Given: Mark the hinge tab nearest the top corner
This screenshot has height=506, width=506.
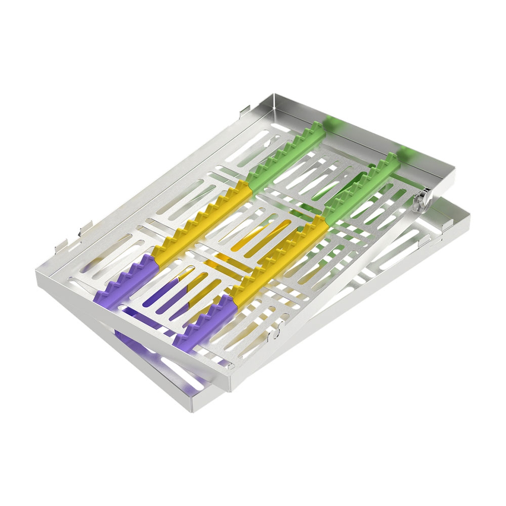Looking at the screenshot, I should (244, 110).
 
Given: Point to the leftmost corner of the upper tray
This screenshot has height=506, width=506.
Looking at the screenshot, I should (36, 272).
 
